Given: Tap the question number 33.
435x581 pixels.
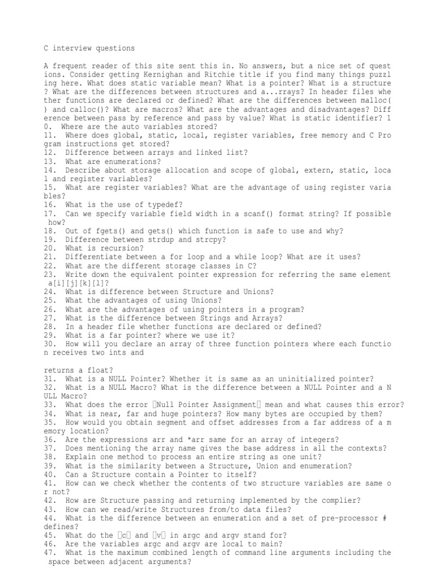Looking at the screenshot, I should (x=48, y=405).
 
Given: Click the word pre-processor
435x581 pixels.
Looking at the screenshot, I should (x=353, y=517).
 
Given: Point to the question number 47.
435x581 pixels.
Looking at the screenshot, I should (x=48, y=552).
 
